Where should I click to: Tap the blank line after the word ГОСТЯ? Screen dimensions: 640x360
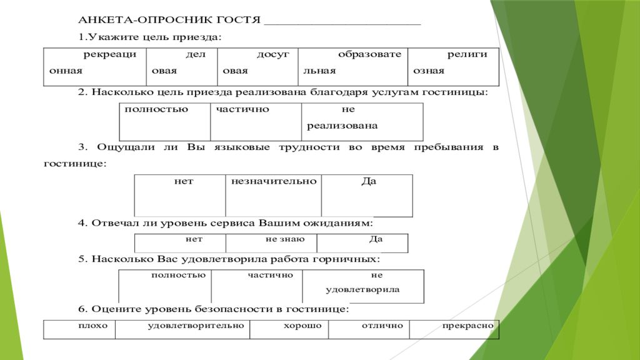342,24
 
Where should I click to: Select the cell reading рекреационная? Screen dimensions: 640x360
95,67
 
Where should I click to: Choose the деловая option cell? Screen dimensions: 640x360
182,67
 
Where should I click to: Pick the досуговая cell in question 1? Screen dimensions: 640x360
257,67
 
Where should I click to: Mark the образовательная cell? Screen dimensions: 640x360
352,67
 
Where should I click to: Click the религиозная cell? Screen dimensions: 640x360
453,67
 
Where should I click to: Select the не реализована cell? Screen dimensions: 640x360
362,122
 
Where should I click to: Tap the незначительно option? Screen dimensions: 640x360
274,196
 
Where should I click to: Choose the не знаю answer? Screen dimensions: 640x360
271,243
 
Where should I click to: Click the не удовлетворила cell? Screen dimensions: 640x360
363,286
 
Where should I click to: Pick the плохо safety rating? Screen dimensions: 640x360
79,329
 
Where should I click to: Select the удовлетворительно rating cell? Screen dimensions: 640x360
182,329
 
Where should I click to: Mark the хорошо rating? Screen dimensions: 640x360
289,329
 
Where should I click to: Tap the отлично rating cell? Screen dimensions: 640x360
369,329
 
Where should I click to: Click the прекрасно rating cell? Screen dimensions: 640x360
454,329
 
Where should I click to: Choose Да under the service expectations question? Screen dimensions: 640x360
362,243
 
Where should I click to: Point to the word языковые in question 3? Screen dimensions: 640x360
242,147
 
